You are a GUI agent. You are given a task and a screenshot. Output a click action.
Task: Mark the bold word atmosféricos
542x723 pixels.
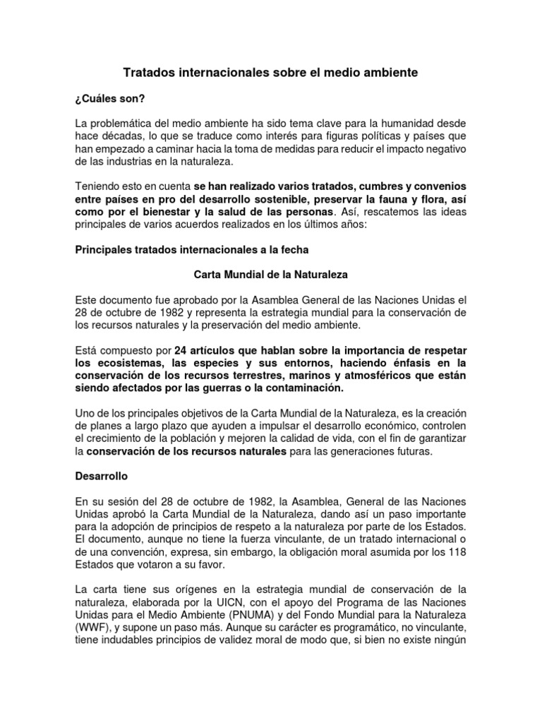coord(366,376)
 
